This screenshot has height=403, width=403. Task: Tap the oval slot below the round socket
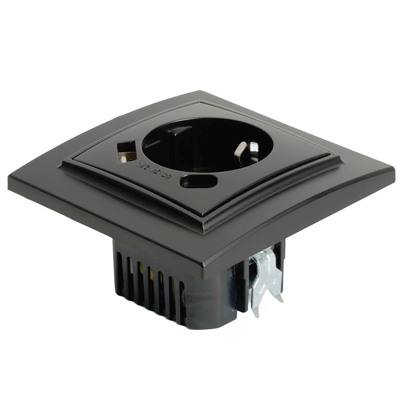pyautogui.click(x=198, y=181)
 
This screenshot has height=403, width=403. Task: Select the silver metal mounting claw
pyautogui.click(x=265, y=278)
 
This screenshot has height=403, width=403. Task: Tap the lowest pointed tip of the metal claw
pyautogui.click(x=255, y=314)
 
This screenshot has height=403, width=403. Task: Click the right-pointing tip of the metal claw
pyautogui.click(x=281, y=299)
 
